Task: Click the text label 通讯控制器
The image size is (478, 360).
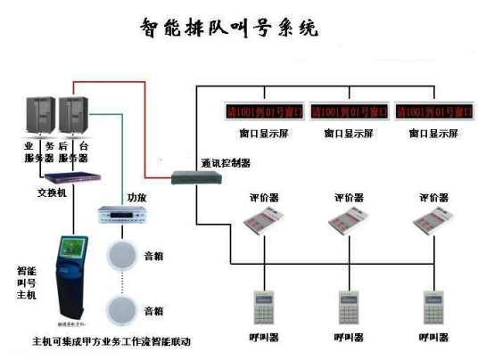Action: pyautogui.click(x=225, y=163)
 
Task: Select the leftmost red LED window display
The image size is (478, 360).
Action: pyautogui.click(x=264, y=111)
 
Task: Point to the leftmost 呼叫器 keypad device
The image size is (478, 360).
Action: pyautogui.click(x=263, y=307)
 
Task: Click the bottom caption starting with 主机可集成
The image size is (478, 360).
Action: pyautogui.click(x=111, y=340)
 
